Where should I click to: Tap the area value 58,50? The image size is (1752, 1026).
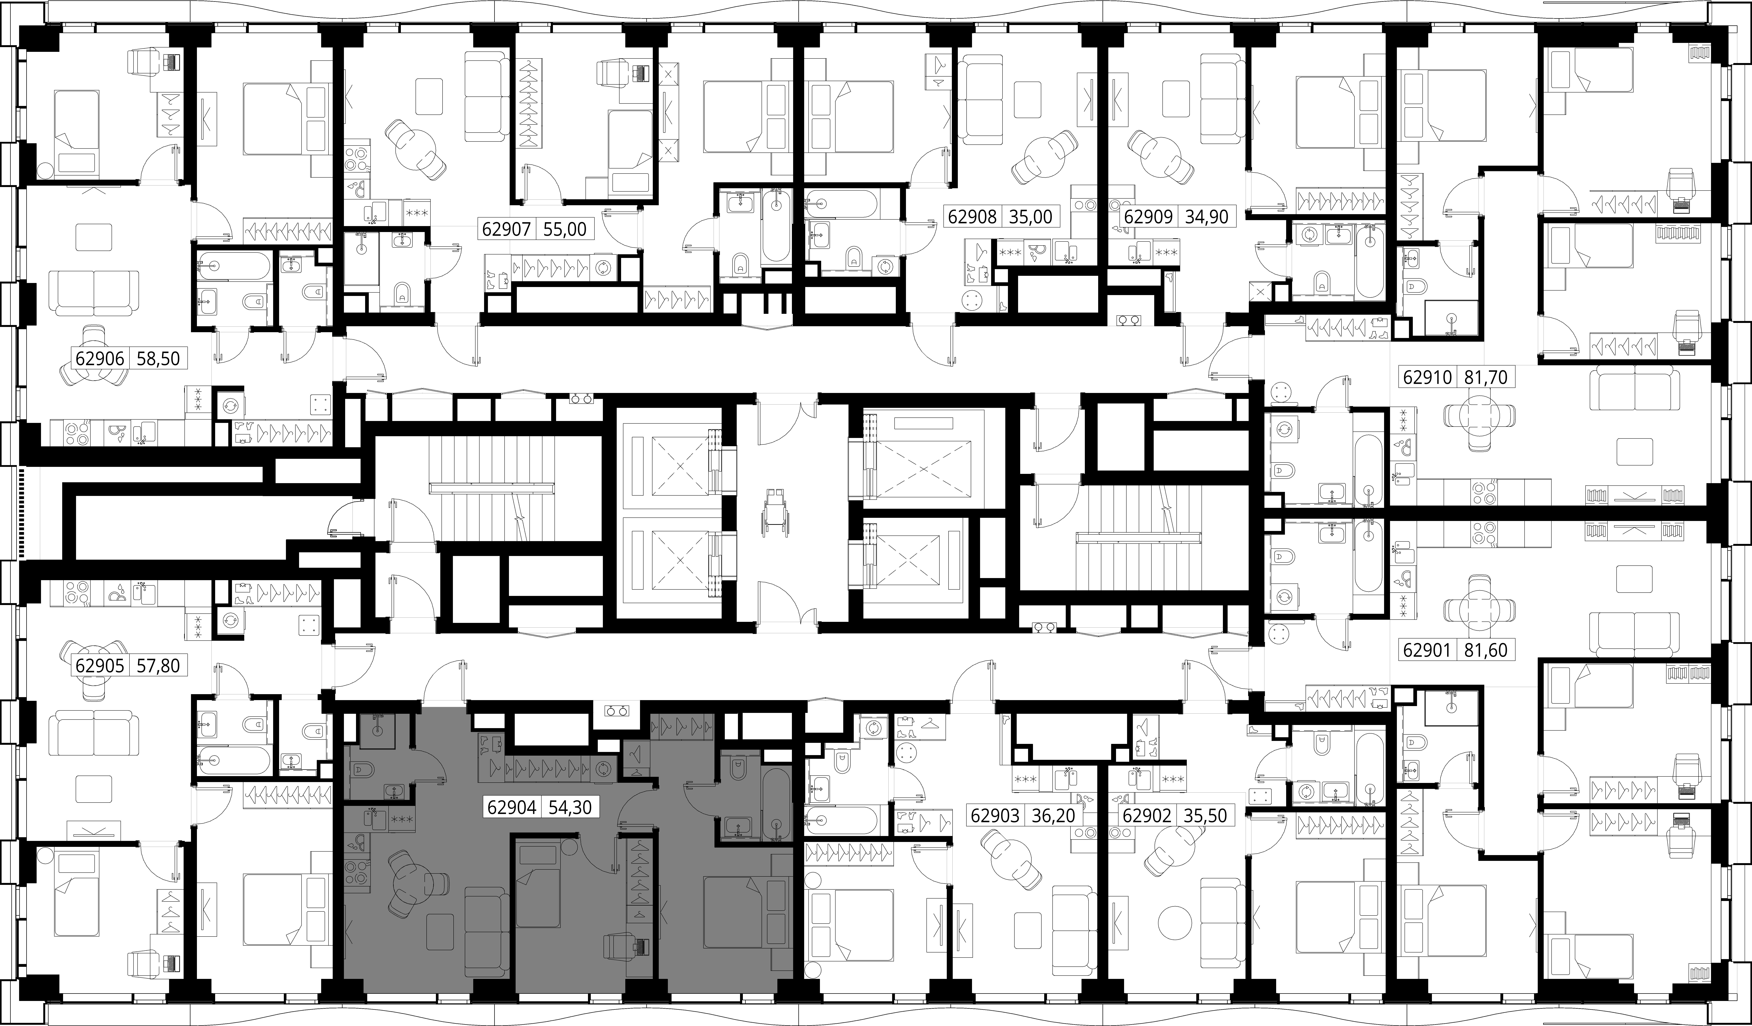(159, 359)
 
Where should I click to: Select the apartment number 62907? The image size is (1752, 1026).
(506, 229)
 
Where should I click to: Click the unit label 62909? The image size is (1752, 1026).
(1148, 216)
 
